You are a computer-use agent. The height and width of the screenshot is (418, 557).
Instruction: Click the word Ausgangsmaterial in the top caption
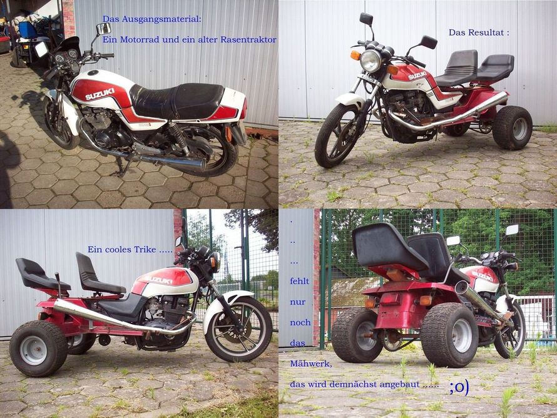click(161, 19)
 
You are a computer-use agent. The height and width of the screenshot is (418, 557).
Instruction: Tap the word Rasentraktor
click(248, 39)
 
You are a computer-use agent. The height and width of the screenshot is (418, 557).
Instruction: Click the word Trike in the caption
click(145, 249)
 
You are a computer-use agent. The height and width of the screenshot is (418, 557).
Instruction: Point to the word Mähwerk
click(311, 364)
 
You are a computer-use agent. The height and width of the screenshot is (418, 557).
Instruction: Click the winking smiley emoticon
click(459, 387)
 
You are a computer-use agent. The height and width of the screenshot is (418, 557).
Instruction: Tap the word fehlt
click(299, 281)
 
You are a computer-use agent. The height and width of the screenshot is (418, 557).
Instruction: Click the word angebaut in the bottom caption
click(400, 385)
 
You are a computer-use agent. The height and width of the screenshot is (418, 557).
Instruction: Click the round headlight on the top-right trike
click(370, 61)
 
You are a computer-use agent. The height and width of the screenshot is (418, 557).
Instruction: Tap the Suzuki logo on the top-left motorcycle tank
click(100, 94)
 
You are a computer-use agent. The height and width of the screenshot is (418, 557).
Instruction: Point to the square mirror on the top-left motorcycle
click(104, 28)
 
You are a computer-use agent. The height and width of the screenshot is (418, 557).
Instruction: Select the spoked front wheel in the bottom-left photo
click(238, 329)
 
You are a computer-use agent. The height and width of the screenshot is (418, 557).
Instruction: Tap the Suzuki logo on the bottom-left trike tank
click(158, 280)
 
